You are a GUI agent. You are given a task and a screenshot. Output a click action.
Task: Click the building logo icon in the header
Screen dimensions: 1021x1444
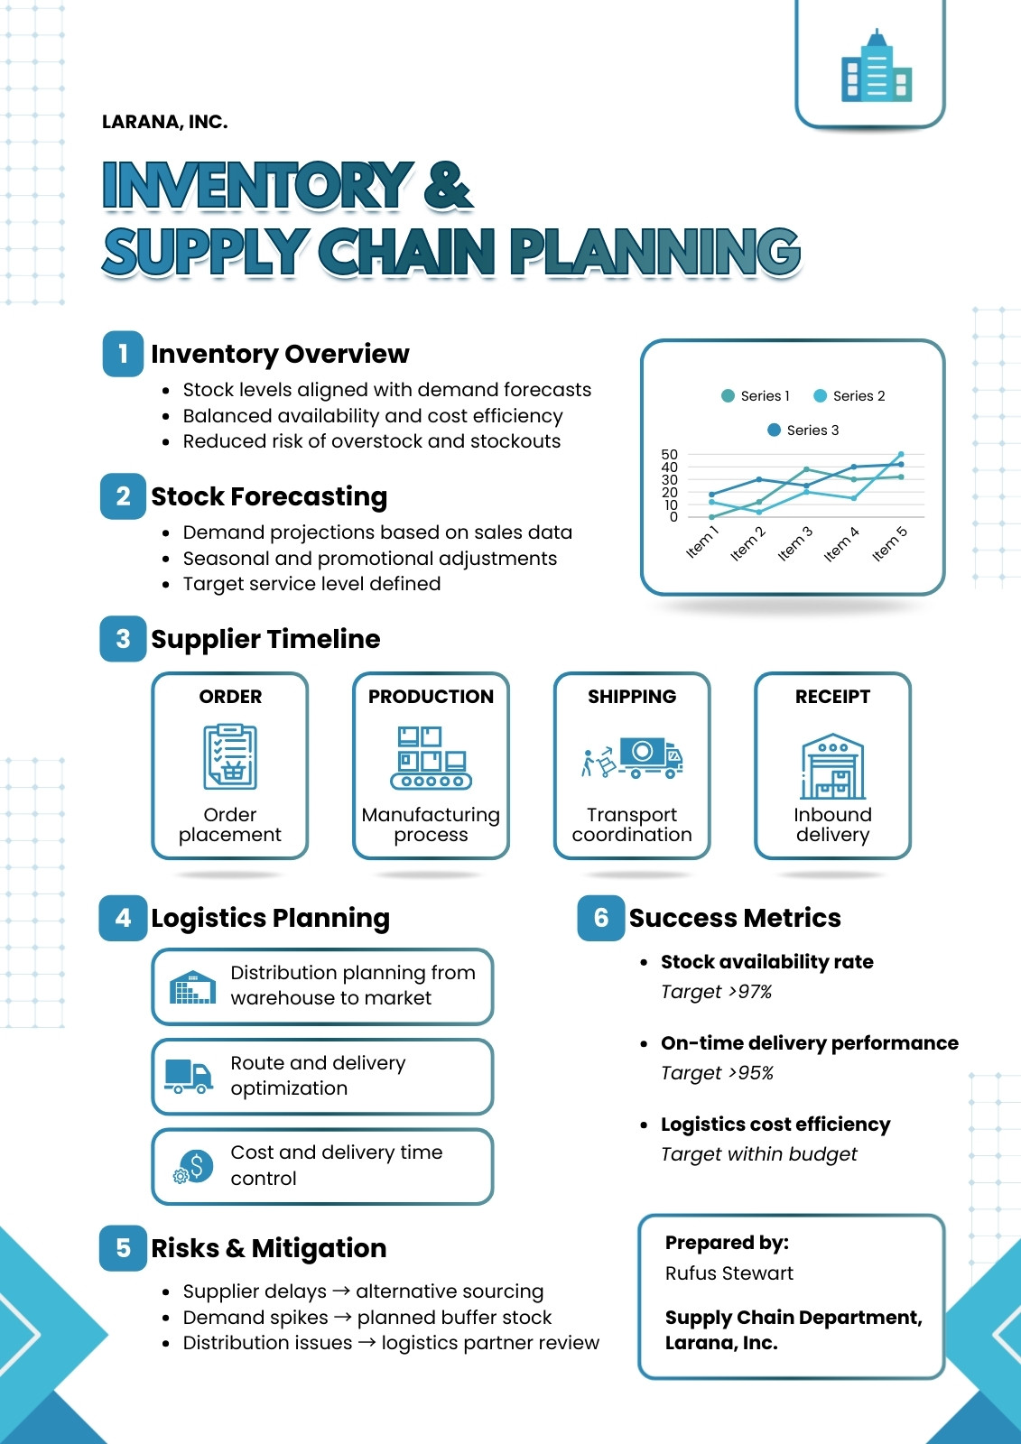876,66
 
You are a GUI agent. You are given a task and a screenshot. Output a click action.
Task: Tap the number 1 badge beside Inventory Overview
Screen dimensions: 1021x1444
123,353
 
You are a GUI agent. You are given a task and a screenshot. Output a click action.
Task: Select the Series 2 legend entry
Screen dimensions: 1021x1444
849,396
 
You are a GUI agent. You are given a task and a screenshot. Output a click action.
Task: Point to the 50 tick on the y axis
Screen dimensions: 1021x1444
669,455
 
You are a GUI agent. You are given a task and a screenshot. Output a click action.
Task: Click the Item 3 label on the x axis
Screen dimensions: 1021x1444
794,543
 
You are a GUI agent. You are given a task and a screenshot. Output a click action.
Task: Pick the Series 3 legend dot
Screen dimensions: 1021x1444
774,430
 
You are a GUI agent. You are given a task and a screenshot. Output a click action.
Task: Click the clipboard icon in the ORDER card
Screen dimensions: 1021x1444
230,757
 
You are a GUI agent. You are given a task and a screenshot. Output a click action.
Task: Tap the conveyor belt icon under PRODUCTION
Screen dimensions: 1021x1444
431,757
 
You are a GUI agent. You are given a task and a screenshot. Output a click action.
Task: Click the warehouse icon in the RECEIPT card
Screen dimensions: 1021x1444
832,766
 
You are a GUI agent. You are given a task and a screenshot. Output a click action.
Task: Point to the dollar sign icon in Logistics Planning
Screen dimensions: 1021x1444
193,1167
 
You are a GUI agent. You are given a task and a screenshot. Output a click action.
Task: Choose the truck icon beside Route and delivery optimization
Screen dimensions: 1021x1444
189,1076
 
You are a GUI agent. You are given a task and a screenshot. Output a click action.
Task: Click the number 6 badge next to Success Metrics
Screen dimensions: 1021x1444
600,917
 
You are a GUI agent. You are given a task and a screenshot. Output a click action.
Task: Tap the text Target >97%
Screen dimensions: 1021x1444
716,992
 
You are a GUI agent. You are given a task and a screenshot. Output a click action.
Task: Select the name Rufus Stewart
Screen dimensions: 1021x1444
729,1273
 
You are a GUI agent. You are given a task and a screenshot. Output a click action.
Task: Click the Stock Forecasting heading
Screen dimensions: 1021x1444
269,496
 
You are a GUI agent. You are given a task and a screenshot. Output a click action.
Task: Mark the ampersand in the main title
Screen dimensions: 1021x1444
448,185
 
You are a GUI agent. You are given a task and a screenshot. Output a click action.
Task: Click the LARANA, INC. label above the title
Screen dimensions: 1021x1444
164,122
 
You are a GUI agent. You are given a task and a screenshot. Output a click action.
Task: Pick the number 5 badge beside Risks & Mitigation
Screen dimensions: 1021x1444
123,1248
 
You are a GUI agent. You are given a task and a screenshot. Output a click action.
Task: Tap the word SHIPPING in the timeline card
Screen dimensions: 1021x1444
632,696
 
